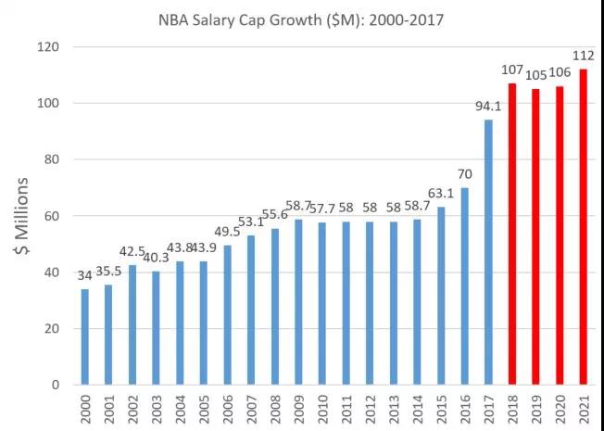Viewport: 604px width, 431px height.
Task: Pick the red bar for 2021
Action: click(x=583, y=226)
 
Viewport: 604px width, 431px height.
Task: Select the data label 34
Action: click(x=85, y=276)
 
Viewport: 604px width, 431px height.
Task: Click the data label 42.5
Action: click(x=132, y=252)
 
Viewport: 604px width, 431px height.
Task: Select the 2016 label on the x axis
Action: click(x=466, y=409)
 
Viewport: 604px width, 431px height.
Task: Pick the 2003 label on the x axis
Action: click(x=157, y=409)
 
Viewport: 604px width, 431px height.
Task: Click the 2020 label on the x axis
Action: click(x=560, y=409)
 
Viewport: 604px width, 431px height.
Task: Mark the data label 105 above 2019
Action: click(x=537, y=75)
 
